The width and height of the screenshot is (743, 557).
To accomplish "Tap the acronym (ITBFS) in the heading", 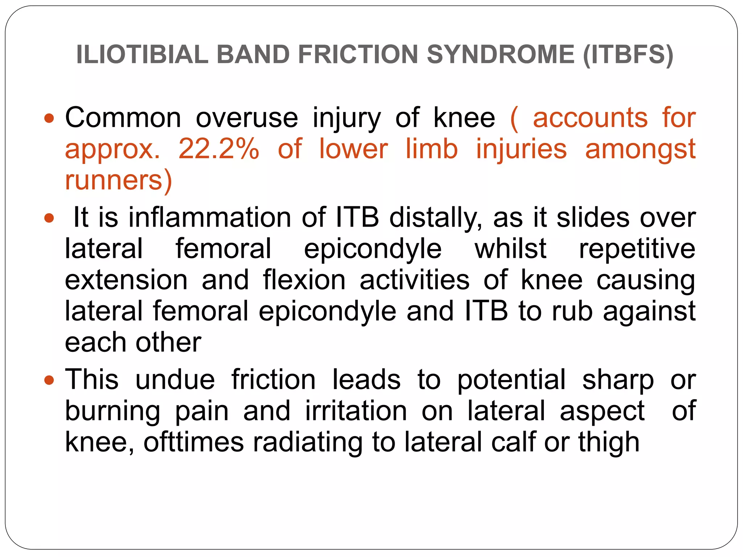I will point(628,54).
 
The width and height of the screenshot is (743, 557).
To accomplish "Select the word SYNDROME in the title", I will point(501,54).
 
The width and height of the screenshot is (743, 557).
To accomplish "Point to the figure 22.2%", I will point(219,149).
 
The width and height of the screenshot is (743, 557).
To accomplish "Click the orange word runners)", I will point(118,180).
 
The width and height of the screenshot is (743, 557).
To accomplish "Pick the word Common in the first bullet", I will point(123,118).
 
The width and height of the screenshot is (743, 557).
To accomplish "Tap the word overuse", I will point(247,118).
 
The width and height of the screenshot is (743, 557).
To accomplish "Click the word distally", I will point(435,218).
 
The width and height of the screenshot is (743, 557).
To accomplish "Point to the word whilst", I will point(510,249).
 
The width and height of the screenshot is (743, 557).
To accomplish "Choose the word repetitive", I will point(637,249).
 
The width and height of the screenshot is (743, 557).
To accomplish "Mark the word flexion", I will point(304,280).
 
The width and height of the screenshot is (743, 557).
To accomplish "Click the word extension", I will point(126,280).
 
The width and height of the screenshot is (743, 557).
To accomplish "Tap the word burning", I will point(112,411).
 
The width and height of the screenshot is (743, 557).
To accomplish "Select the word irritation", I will point(356,411).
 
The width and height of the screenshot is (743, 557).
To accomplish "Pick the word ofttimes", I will point(194,442).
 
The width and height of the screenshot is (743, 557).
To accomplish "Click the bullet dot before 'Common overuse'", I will point(49,118).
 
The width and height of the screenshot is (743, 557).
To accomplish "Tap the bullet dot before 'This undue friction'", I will point(49,380).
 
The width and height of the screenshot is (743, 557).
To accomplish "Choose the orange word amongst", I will point(640,149).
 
